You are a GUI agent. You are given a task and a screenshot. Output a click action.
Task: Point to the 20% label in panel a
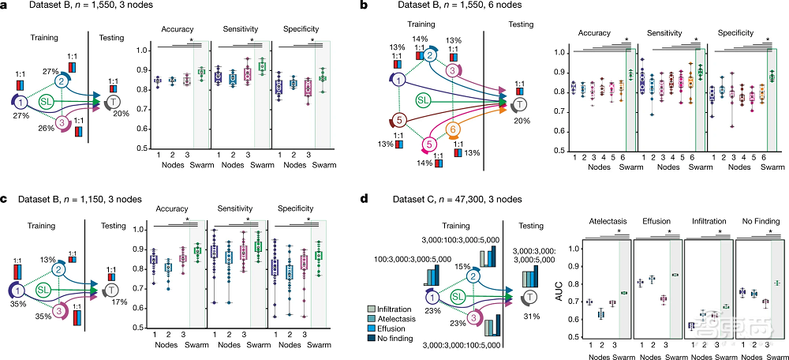click(x=121, y=113)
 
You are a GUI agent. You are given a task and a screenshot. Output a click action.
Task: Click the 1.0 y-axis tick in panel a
click(x=140, y=51)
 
